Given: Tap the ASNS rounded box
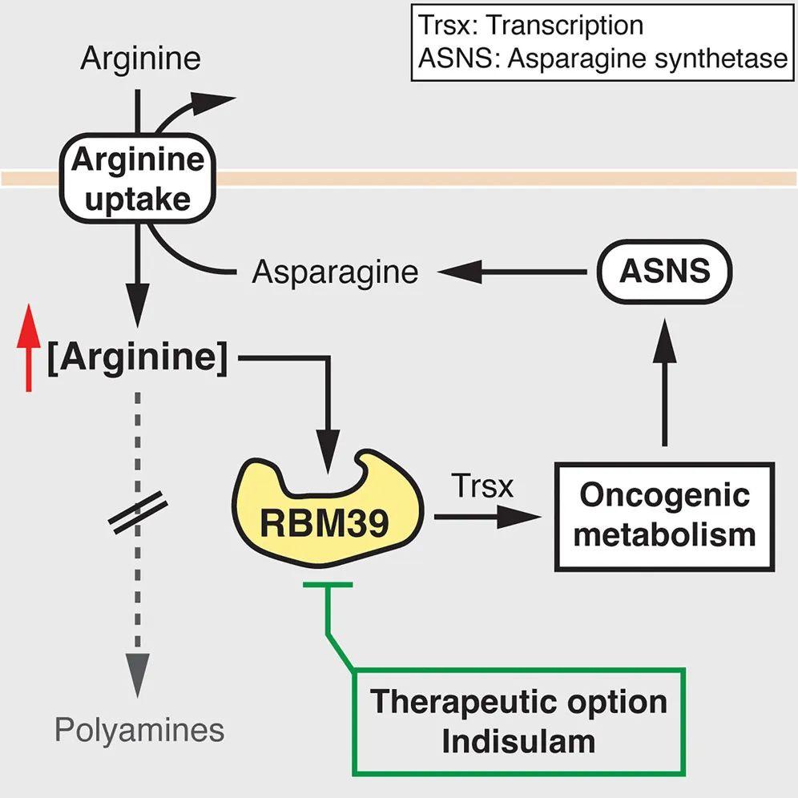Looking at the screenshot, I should click(665, 272).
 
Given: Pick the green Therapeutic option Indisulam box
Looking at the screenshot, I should click(519, 722).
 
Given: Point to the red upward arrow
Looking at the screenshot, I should click(30, 349).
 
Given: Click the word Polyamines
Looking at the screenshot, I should click(139, 730).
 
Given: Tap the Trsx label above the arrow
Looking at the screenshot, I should click(482, 486).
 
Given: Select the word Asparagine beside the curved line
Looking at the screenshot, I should click(335, 272).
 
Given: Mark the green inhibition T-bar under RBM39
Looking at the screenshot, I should click(328, 586).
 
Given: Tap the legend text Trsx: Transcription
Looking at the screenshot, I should click(531, 26).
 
